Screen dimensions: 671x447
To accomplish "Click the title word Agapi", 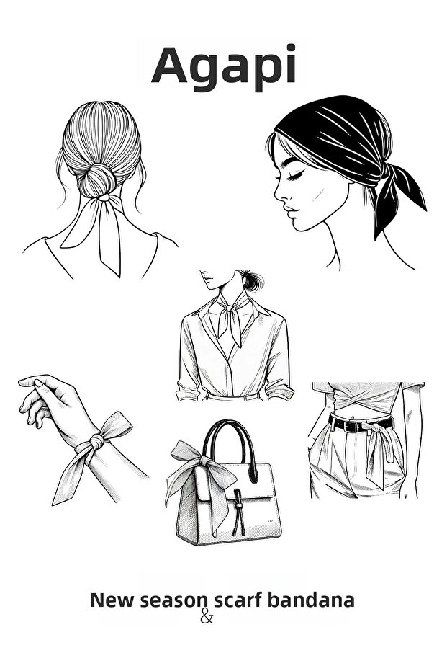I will pyautogui.click(x=224, y=65).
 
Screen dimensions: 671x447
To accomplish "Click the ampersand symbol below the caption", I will pyautogui.click(x=207, y=616).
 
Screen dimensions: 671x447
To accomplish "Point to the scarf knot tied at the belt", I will pyautogui.click(x=374, y=428).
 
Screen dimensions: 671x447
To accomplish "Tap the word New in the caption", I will pyautogui.click(x=112, y=600).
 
